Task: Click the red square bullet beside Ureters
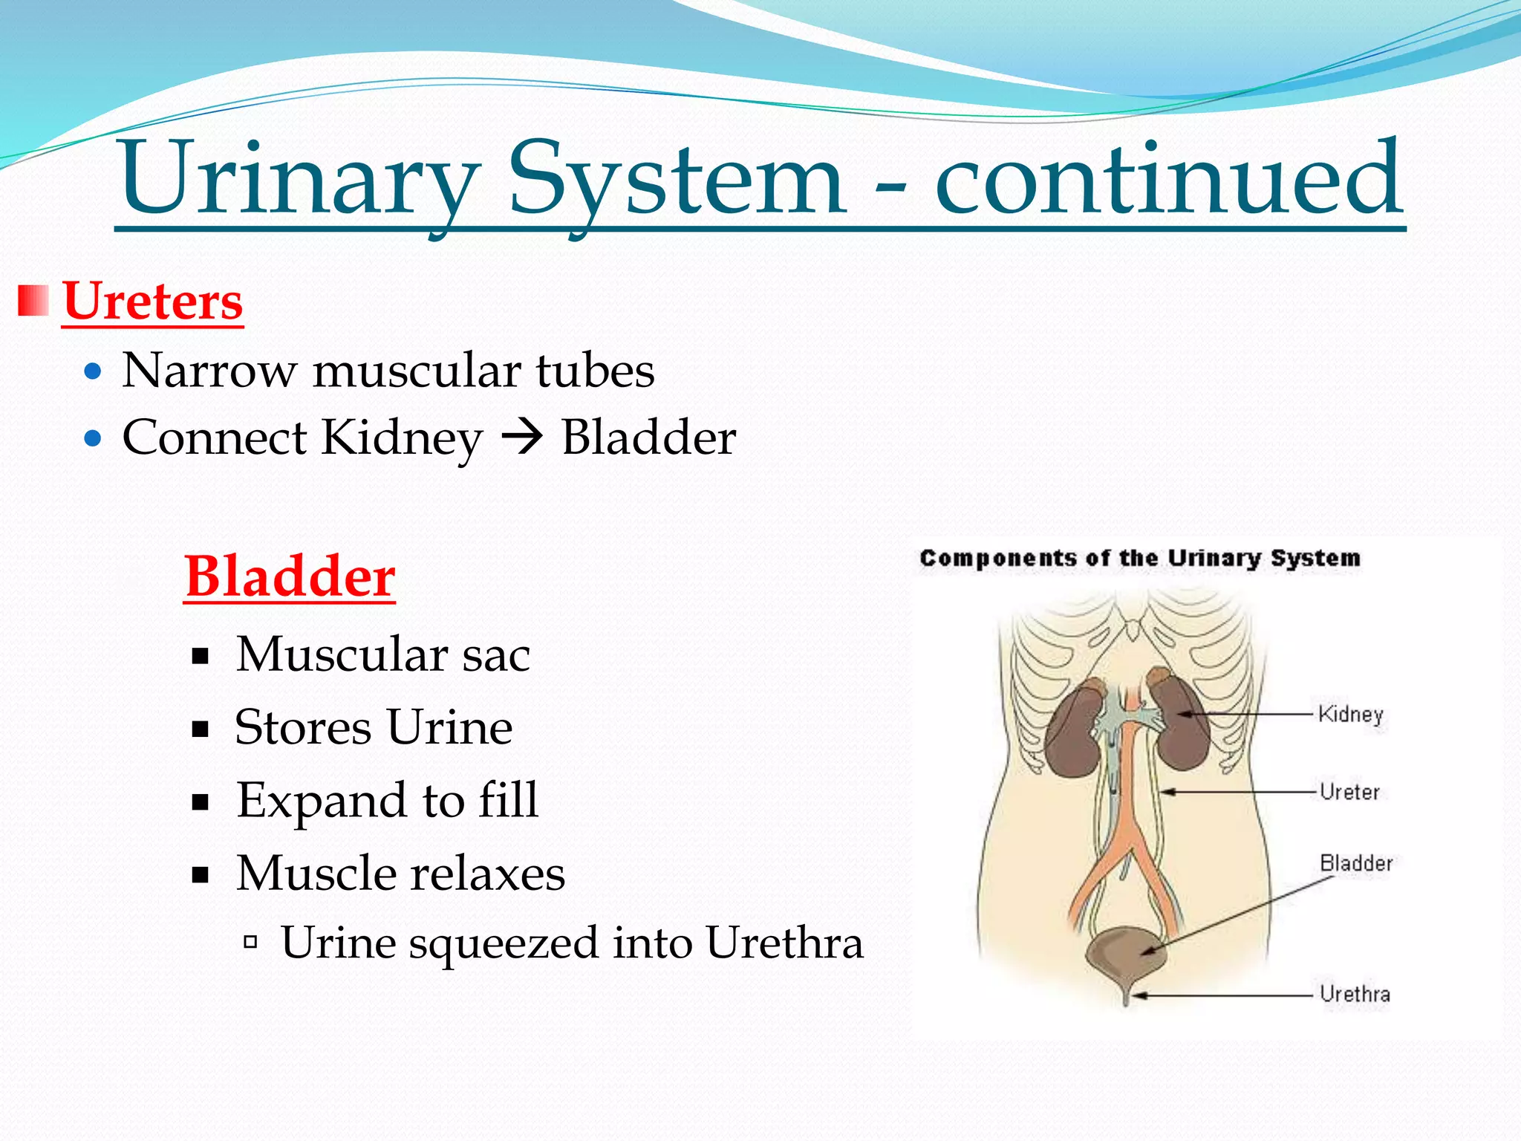point(33,300)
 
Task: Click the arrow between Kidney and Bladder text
point(522,438)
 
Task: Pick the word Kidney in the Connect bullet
point(402,438)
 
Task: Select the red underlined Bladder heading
point(290,576)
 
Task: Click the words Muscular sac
point(382,654)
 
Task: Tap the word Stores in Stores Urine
point(302,727)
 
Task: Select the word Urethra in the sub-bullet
point(784,943)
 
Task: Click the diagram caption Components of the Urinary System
point(1139,559)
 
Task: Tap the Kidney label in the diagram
point(1350,715)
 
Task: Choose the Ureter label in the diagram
point(1349,792)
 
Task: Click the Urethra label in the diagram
point(1355,994)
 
